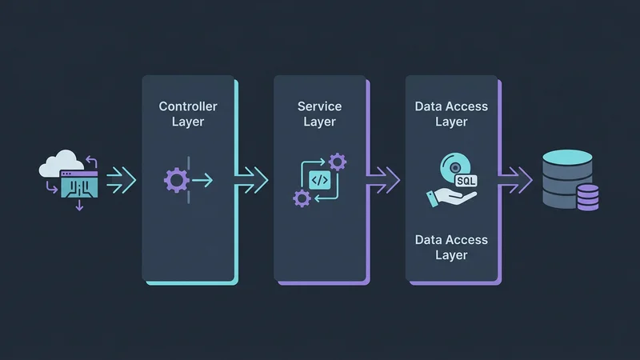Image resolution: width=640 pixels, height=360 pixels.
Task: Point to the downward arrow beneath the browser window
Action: (78, 206)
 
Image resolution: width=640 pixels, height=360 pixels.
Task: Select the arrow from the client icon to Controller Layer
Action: (121, 179)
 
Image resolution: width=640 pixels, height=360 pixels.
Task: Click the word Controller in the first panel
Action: (188, 106)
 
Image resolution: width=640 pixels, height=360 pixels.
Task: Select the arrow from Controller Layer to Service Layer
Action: (251, 175)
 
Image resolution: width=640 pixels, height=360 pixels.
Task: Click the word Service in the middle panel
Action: (319, 106)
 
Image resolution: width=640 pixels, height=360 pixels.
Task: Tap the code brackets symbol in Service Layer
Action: (319, 180)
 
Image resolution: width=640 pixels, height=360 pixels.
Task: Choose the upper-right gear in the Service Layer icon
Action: (338, 162)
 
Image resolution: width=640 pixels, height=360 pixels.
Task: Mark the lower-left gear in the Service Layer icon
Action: (302, 198)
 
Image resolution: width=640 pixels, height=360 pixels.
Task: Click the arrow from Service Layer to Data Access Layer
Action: (383, 175)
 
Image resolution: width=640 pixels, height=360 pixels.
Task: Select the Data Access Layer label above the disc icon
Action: (451, 114)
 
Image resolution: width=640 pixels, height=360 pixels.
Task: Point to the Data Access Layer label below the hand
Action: (451, 247)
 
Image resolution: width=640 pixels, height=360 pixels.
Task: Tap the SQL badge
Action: (466, 181)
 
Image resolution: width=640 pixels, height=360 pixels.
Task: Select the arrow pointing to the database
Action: (516, 175)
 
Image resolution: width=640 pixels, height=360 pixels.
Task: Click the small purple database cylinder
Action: (588, 196)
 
